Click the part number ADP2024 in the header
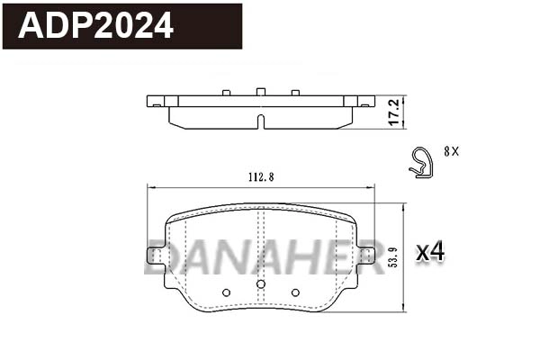click(96, 26)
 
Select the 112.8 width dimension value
click(260, 177)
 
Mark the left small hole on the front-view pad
click(226, 292)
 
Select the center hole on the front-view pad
click(261, 284)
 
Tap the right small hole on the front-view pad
click(295, 292)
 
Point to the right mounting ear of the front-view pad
click(365, 257)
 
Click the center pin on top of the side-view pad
click(260, 91)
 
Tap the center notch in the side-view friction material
click(260, 121)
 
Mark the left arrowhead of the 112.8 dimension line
click(150, 187)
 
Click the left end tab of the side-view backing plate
click(156, 101)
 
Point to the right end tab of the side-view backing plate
click(364, 101)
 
